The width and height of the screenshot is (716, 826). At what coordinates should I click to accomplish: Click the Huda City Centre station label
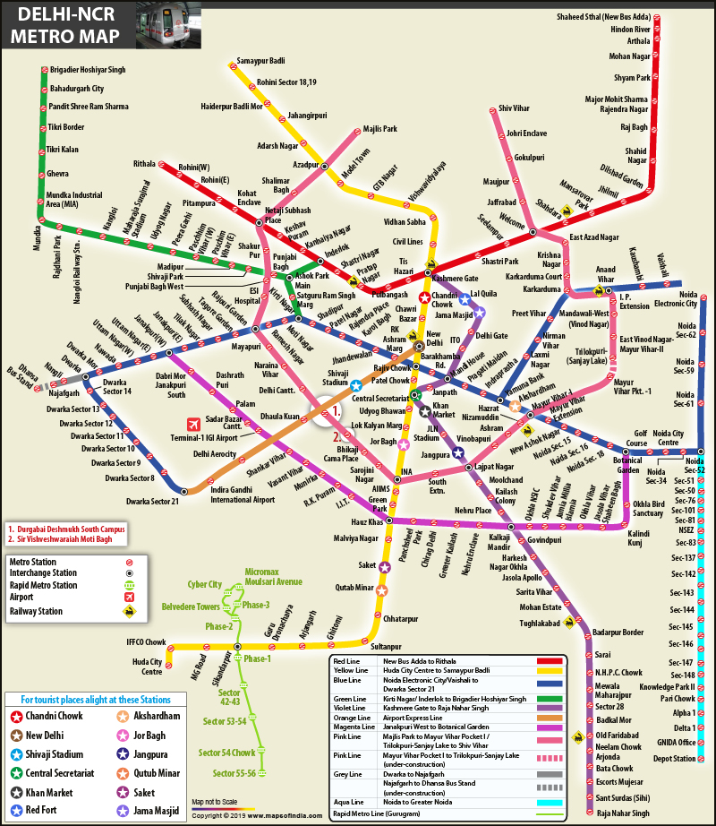tap(146, 667)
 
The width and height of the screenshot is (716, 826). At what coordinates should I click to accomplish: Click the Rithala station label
tap(144, 164)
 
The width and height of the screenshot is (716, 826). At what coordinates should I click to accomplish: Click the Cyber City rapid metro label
tap(205, 584)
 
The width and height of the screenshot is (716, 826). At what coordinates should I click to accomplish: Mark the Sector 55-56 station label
tap(234, 772)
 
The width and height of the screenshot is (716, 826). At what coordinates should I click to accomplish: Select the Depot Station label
tap(674, 758)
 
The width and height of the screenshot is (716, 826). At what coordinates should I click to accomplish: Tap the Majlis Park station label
tap(379, 129)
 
